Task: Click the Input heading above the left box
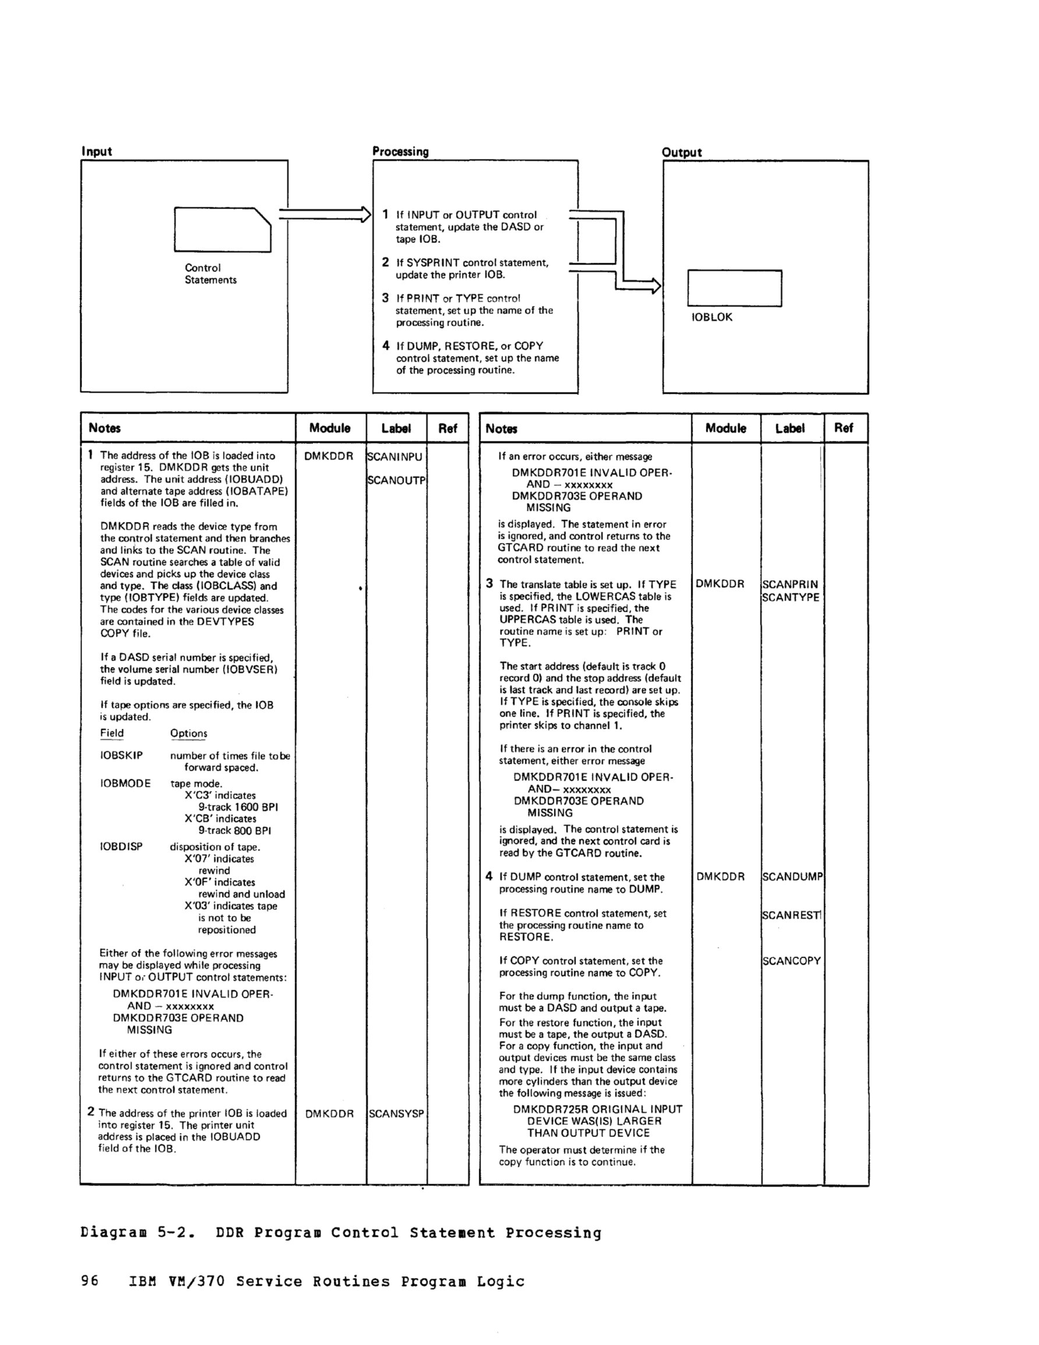[x=97, y=151]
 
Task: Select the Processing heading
[x=400, y=151]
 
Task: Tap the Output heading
[x=682, y=152]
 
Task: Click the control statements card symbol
[x=222, y=230]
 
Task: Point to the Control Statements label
[x=211, y=273]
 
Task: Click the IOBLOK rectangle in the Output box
[x=734, y=288]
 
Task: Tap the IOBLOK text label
[x=712, y=317]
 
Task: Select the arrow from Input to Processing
[x=324, y=214]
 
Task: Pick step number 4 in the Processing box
[x=386, y=345]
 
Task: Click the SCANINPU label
[x=395, y=456]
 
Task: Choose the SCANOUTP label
[x=397, y=480]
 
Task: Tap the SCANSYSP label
[x=396, y=1113]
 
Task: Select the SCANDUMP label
[x=792, y=876]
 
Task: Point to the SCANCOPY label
[x=791, y=960]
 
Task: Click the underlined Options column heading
[x=189, y=733]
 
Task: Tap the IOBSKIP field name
[x=121, y=755]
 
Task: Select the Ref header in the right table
[x=843, y=428]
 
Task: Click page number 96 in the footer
[x=89, y=1281]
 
